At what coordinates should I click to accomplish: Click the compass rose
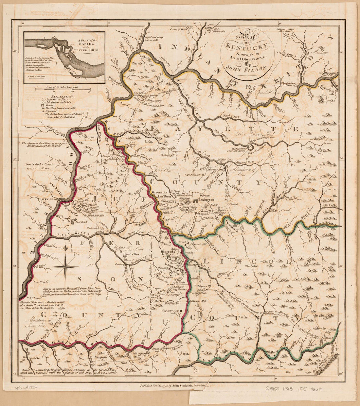[x=67, y=266]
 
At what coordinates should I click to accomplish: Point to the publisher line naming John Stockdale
[x=172, y=386]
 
